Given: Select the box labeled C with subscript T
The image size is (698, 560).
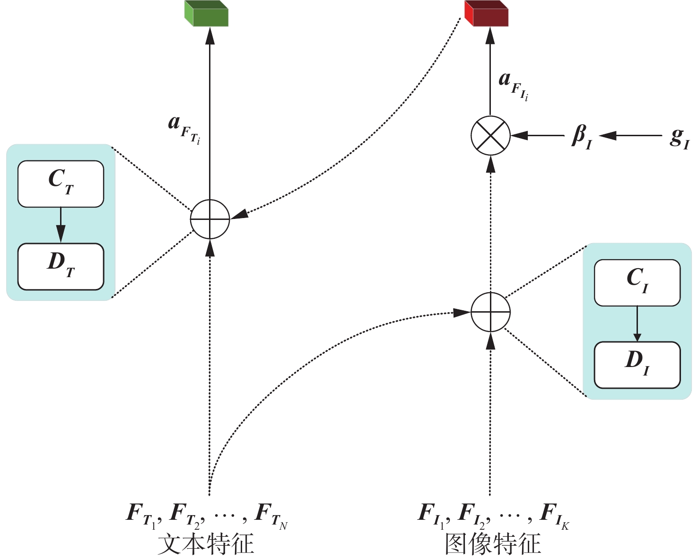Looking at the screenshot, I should tap(61, 184).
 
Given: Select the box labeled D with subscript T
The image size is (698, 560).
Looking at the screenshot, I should tap(61, 266).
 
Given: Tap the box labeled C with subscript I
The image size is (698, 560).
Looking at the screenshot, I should tap(637, 282).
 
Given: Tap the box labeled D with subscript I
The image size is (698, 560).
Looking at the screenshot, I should tap(637, 365).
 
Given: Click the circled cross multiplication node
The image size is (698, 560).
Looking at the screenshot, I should tap(491, 136).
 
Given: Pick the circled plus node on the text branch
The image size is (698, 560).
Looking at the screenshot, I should tap(210, 219).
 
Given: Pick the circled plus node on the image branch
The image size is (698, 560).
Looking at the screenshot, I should tap(491, 312).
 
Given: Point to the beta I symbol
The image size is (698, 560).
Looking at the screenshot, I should tap(582, 137).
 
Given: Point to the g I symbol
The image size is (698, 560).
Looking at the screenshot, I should tap(680, 138).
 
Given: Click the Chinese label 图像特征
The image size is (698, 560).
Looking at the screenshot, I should tap(493, 544).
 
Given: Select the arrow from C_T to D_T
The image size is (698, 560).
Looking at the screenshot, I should tap(61, 226).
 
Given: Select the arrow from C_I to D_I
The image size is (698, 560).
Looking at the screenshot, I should tap(637, 324).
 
